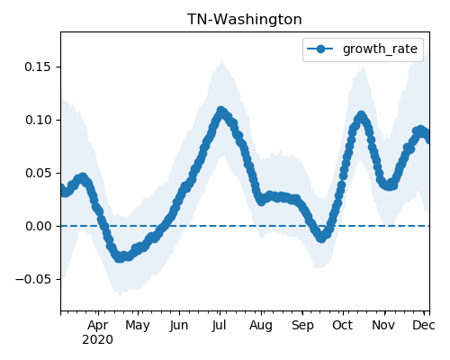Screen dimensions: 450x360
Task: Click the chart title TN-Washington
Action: click(245, 20)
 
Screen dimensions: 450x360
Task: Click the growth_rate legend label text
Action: click(380, 49)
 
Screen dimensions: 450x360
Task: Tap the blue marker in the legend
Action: click(320, 49)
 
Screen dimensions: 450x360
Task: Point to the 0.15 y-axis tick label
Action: click(38, 67)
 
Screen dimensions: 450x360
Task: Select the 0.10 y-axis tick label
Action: click(38, 120)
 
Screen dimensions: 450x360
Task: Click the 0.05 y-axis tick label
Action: click(38, 173)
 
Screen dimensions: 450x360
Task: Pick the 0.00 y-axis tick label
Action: click(38, 226)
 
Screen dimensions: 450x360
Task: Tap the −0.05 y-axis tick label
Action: click(33, 279)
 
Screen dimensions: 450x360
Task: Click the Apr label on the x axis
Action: click(98, 326)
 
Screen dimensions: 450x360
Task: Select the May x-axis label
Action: click(138, 326)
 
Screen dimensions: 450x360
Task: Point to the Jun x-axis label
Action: click(179, 326)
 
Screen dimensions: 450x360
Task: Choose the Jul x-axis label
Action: click(219, 326)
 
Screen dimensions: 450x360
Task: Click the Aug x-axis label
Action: click(261, 326)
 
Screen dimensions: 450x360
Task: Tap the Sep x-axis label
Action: click(302, 326)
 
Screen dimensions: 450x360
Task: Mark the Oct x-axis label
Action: click(342, 325)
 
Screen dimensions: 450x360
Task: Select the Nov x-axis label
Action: click(383, 325)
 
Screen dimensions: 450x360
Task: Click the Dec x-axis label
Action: click(423, 325)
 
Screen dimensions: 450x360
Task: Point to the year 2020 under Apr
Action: click(98, 340)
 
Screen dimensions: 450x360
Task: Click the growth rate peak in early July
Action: click(221, 112)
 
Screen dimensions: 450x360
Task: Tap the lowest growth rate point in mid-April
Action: click(120, 257)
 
